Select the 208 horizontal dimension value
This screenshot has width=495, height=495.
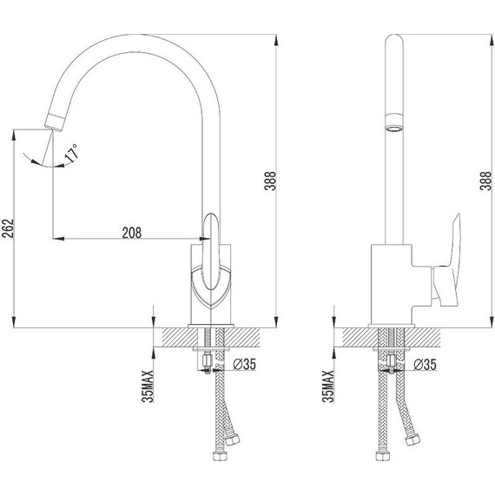(132, 231)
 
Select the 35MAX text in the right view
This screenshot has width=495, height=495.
(328, 383)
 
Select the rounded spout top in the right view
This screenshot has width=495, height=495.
(394, 43)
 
